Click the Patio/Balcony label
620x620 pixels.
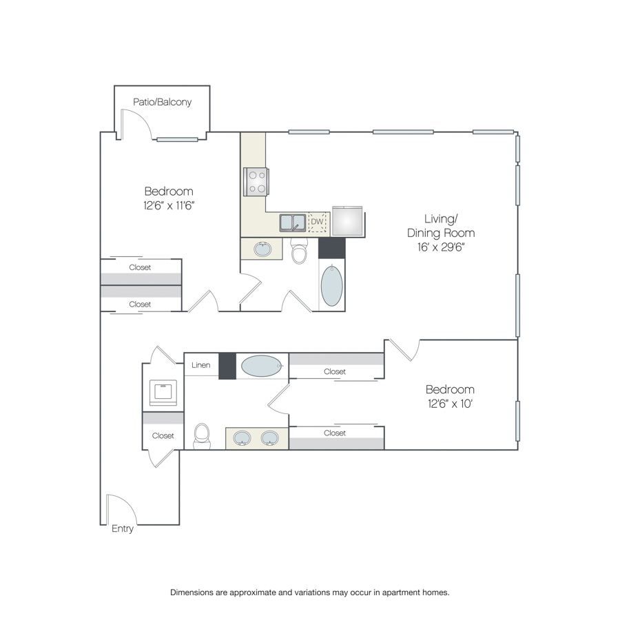[162, 102]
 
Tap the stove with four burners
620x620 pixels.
[256, 181]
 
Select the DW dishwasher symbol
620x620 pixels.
[317, 223]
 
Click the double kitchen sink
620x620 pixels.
[293, 223]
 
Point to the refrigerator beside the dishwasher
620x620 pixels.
[348, 221]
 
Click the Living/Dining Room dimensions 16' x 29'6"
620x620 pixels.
[441, 247]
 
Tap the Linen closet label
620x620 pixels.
[201, 365]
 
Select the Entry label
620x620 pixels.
[123, 528]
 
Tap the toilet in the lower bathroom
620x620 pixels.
[202, 436]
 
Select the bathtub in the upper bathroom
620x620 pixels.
[332, 285]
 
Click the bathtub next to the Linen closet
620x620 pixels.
[262, 366]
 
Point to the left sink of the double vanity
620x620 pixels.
[242, 438]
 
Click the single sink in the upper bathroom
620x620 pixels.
[262, 249]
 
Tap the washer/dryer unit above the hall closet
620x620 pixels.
[163, 392]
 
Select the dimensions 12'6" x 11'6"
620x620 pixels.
[169, 205]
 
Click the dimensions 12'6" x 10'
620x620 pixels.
[451, 404]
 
